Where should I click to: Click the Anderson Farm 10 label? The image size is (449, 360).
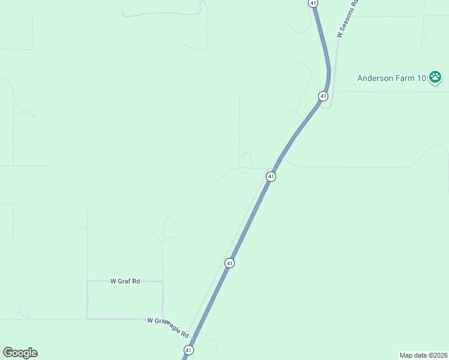[x=391, y=78]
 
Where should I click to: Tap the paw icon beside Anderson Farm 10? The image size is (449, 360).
[x=436, y=77]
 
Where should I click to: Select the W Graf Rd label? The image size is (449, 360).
[x=125, y=281]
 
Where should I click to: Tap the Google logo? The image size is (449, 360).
[x=20, y=353]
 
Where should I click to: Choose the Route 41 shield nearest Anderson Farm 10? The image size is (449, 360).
[x=323, y=96]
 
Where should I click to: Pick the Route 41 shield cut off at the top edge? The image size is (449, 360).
[x=313, y=3]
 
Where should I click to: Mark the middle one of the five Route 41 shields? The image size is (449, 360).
[x=271, y=176]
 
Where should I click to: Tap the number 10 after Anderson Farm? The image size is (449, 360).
[x=421, y=78]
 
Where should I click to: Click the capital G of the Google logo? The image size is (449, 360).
[x=8, y=353]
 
